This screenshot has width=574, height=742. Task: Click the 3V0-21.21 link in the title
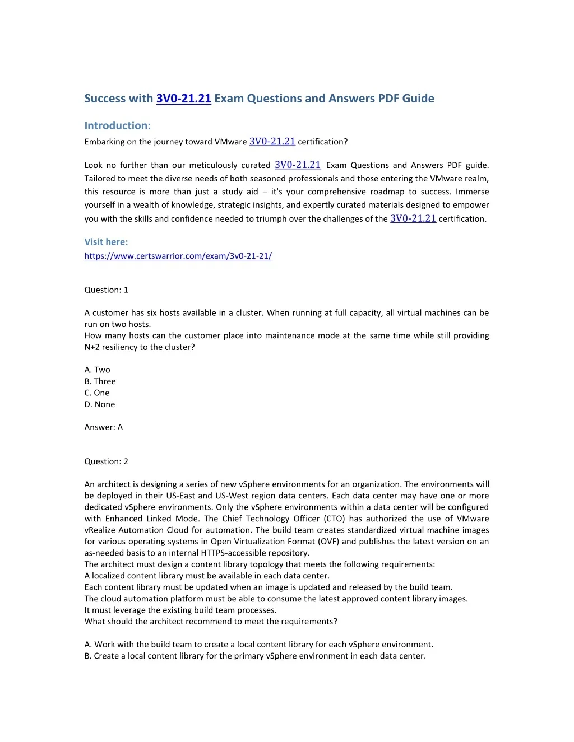(183, 99)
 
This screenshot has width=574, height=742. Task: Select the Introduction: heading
(118, 125)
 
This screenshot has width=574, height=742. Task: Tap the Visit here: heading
(106, 242)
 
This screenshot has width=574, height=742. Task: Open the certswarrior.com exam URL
(178, 256)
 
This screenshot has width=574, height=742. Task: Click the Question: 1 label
(107, 290)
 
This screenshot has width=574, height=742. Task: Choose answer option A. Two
(98, 370)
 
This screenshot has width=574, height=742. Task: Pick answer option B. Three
(100, 381)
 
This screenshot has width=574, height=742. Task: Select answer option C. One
(97, 393)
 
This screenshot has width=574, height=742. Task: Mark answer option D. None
(100, 404)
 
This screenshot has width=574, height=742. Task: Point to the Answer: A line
(104, 427)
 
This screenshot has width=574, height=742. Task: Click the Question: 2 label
(107, 461)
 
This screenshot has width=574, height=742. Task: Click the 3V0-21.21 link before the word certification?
(272, 142)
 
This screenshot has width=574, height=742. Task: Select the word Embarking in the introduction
(104, 142)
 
